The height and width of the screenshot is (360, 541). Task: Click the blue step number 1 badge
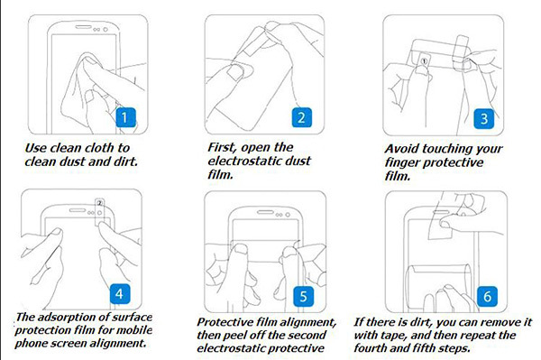tap(125, 117)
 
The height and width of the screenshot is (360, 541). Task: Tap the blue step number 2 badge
tap(302, 117)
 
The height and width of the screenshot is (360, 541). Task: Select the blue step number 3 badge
tap(483, 119)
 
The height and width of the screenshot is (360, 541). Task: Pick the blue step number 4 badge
tap(120, 294)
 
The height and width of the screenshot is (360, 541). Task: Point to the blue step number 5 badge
tap(304, 296)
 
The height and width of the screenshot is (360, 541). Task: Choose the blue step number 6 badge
tap(487, 296)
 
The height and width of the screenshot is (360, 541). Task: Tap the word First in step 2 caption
tap(223, 148)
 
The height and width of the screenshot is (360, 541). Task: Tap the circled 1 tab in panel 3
tap(425, 61)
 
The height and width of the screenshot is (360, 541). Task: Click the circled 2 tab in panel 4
tap(100, 204)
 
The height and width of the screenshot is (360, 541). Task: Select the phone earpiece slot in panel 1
tap(84, 27)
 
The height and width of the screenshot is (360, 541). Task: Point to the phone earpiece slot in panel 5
tap(265, 212)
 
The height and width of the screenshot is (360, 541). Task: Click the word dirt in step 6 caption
tap(421, 322)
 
